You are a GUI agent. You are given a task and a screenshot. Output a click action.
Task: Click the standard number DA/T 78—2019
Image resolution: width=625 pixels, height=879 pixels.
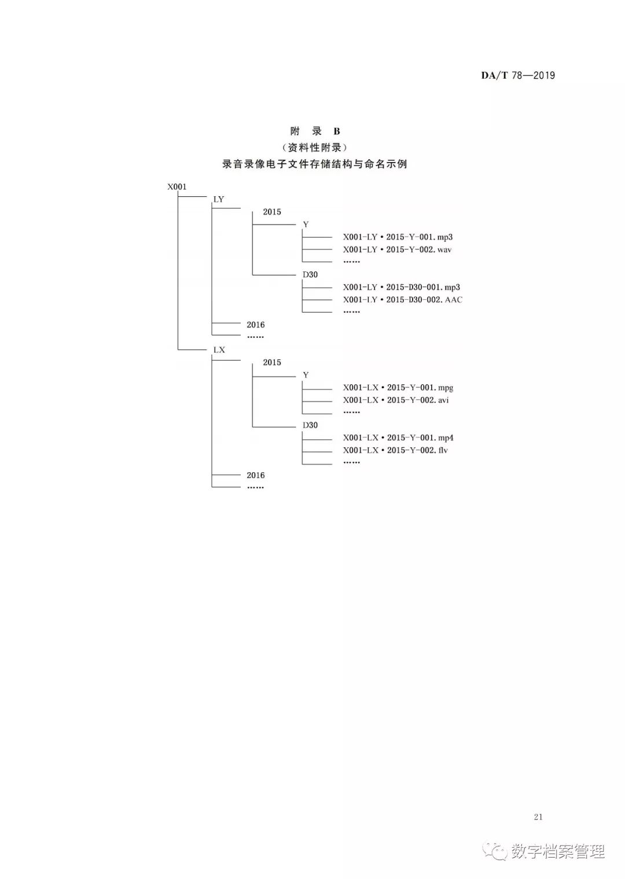point(518,75)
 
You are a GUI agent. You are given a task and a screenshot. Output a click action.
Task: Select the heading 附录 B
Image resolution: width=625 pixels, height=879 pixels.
point(315,131)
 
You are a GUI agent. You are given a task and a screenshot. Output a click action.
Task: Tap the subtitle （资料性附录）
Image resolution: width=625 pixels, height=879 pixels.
point(315,148)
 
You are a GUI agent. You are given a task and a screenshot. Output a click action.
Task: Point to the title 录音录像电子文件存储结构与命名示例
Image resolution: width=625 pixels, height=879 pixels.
point(315,164)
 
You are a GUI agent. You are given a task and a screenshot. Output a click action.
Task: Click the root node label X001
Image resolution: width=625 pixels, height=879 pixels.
point(177,187)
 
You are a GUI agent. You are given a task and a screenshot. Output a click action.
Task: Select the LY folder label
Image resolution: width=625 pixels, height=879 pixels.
point(219,199)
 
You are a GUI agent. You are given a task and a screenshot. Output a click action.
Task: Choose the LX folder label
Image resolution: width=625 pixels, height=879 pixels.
point(219,350)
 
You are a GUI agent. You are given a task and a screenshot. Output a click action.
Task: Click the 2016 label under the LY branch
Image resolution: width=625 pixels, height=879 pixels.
point(256,325)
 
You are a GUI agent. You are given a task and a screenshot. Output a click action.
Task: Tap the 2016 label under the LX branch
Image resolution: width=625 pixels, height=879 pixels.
point(256,475)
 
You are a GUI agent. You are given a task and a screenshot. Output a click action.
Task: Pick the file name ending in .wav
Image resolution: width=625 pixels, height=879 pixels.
point(397,249)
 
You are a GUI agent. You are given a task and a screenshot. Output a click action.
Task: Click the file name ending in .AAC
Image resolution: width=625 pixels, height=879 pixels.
point(403,300)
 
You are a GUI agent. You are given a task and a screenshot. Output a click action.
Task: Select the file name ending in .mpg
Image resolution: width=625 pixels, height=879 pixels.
point(398,388)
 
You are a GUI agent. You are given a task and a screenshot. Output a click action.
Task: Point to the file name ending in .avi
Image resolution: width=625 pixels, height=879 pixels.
point(396,400)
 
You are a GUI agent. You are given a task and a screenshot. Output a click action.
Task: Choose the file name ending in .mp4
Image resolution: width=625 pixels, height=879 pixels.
point(398,438)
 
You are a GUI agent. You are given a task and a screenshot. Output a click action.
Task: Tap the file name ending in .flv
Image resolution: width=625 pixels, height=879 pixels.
point(395,450)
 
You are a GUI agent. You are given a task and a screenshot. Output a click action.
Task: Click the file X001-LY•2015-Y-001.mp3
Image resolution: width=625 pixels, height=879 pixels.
point(398,237)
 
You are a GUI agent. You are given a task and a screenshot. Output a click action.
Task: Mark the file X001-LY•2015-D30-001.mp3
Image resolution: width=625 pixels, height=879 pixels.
point(402,287)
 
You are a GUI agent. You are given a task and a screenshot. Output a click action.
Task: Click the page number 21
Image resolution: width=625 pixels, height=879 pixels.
point(538,817)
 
